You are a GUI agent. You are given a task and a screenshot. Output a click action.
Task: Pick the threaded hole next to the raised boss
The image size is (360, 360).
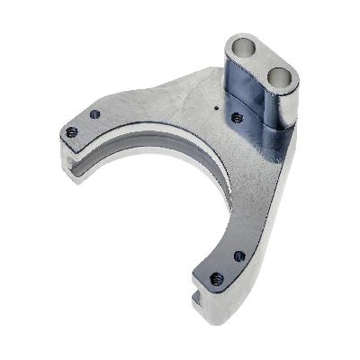pos(237,118)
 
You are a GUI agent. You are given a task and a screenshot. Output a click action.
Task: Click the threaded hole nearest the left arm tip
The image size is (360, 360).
pos(72,132)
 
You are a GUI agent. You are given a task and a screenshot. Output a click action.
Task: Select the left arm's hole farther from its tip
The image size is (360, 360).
pos(94,114)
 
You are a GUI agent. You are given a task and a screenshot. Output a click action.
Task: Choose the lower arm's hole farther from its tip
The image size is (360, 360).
pos(238,256)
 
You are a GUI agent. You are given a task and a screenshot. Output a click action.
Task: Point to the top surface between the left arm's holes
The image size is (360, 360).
pos(83,124)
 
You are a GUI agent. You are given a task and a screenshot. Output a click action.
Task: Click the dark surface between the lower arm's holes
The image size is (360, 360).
pos(227,267)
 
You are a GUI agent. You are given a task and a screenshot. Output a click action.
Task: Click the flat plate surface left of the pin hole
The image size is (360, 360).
pos(180,103)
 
